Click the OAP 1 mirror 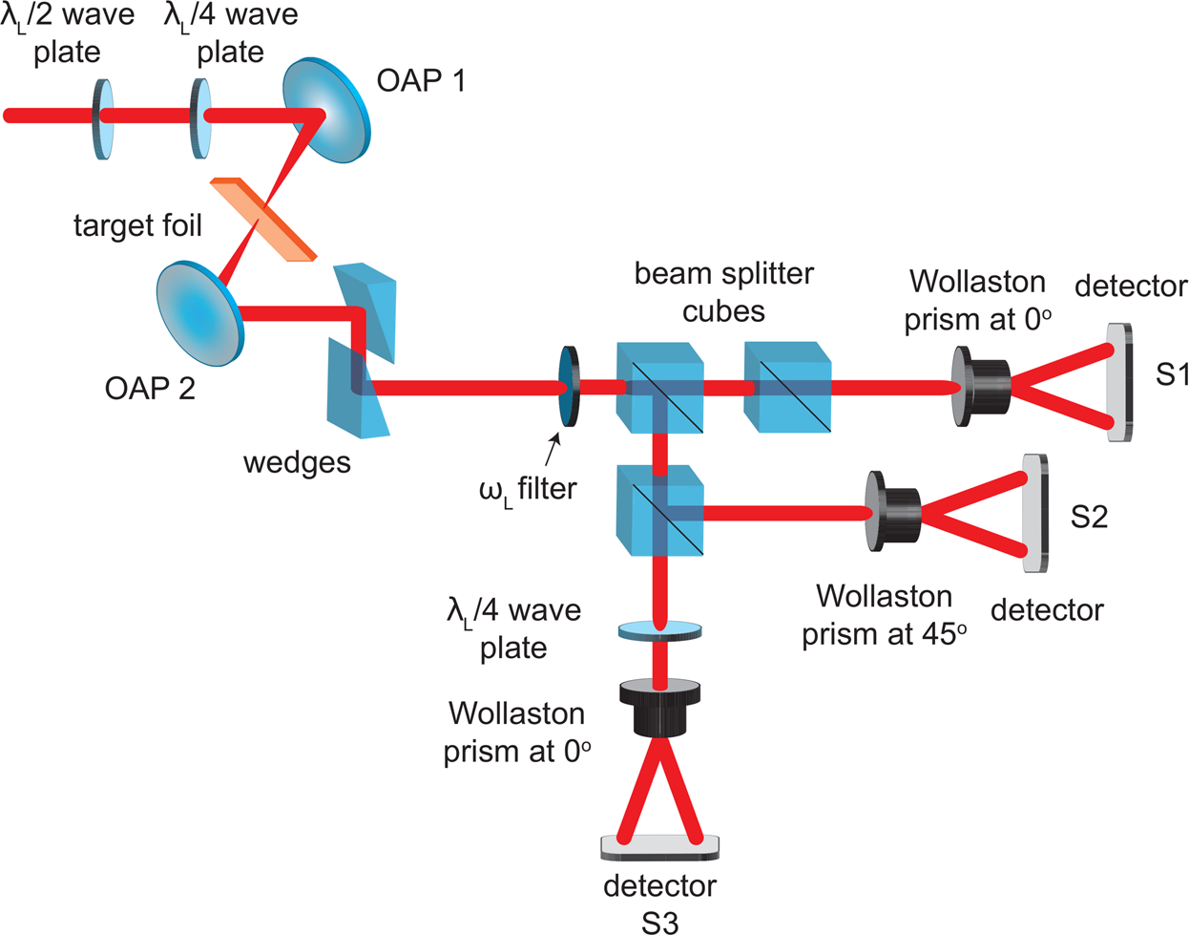click(326, 112)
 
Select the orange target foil click(262, 219)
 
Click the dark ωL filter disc click(569, 386)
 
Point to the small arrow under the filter click(553, 445)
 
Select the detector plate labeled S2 click(1034, 513)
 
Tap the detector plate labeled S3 click(659, 846)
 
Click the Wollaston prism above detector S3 click(659, 708)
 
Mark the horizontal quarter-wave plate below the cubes click(659, 629)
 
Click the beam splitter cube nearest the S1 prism click(787, 386)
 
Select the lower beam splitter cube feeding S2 click(660, 510)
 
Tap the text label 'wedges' click(297, 462)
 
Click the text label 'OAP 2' click(151, 388)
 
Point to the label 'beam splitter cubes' click(723, 292)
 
